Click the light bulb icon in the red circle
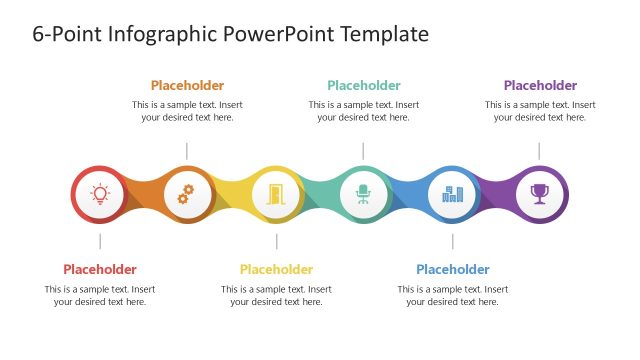pyautogui.click(x=99, y=194)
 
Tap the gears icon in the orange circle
pyautogui.click(x=187, y=194)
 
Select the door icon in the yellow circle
pyautogui.click(x=275, y=194)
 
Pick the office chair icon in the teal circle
pyautogui.click(x=363, y=194)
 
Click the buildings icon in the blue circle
pyautogui.click(x=452, y=194)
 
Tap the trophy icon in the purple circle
pyautogui.click(x=540, y=194)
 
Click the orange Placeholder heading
pyautogui.click(x=187, y=86)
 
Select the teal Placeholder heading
pyautogui.click(x=364, y=86)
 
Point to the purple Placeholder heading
pyautogui.click(x=540, y=86)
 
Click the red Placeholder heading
pyautogui.click(x=100, y=269)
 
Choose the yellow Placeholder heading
pyautogui.click(x=276, y=269)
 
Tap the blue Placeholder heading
pyautogui.click(x=453, y=269)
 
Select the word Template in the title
pyautogui.click(x=384, y=34)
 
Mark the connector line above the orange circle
pyautogui.click(x=187, y=150)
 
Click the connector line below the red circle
pyautogui.click(x=100, y=241)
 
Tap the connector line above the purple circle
pyautogui.click(x=540, y=150)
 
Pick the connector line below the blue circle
pyautogui.click(x=453, y=241)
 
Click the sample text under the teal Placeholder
pyautogui.click(x=364, y=111)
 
